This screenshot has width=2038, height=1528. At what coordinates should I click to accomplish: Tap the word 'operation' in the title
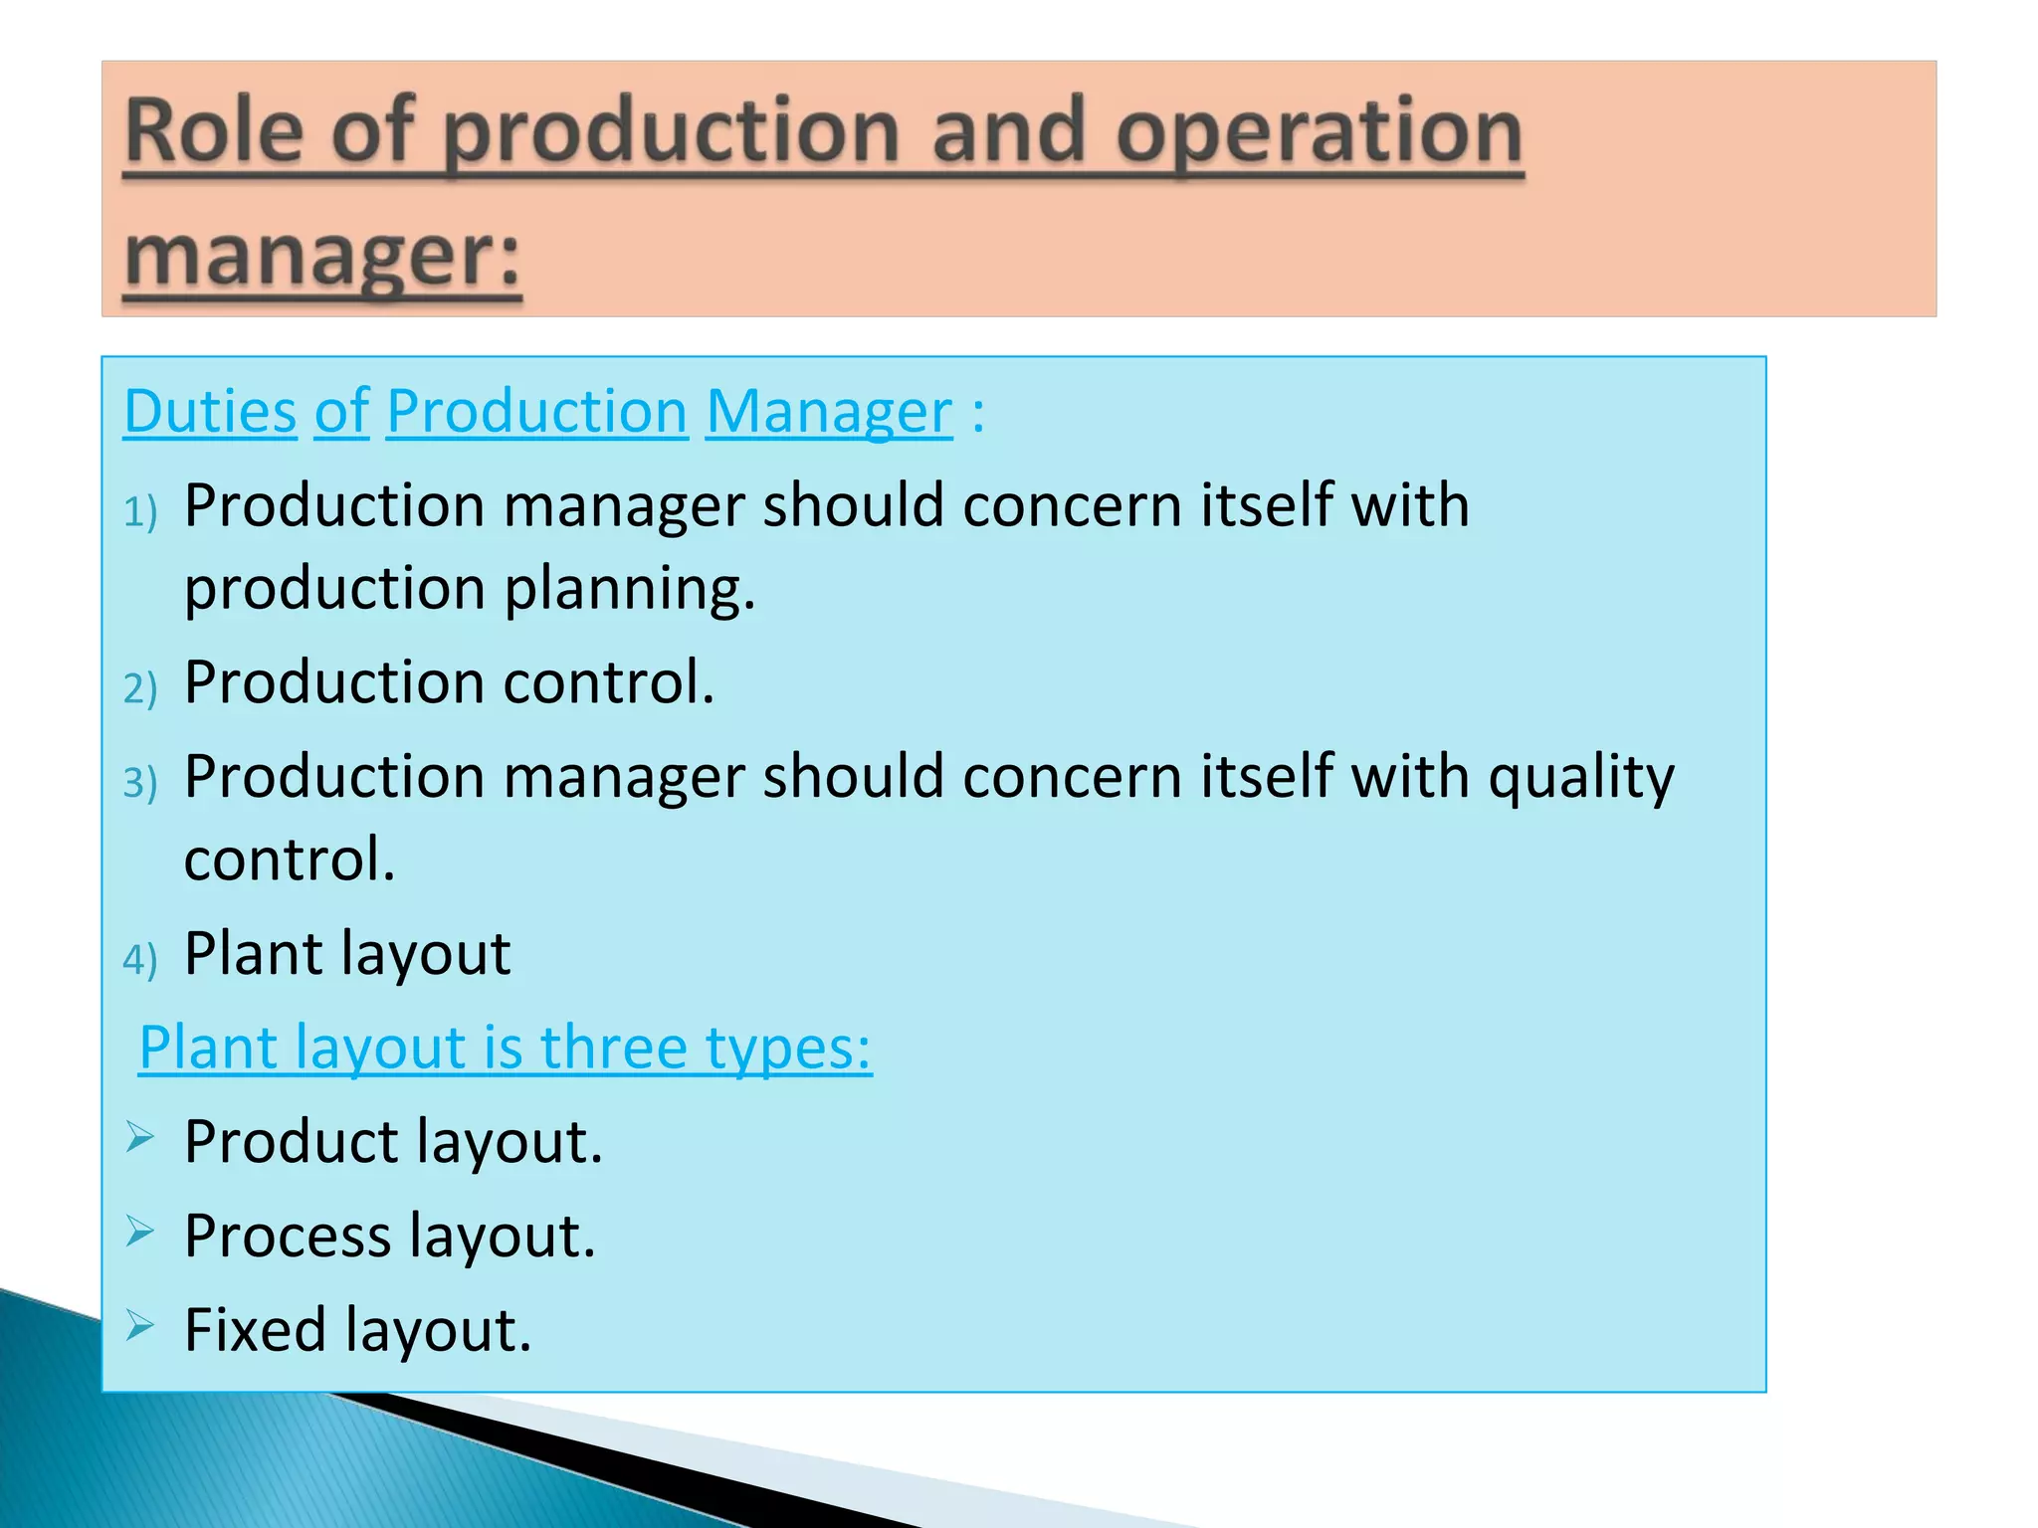1319,134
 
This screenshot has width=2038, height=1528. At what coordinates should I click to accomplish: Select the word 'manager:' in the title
322,257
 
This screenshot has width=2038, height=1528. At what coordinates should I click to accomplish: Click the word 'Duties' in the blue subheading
210,411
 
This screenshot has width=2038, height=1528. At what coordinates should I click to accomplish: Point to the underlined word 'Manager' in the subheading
829,412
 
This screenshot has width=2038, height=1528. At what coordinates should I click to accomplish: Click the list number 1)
140,511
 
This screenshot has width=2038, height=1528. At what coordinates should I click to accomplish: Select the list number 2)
140,688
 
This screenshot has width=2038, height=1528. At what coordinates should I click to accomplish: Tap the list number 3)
140,782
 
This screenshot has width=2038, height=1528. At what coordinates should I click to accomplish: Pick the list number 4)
140,959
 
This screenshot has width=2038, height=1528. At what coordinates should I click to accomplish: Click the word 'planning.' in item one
630,589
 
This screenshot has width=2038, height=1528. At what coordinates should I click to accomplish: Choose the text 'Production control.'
449,682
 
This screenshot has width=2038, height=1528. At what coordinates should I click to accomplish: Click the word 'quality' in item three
1581,778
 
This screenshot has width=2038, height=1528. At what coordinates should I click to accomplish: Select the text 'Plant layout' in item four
347,953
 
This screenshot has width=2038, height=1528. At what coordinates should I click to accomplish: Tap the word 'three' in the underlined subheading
614,1048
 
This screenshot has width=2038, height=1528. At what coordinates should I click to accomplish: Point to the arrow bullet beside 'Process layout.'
140,1232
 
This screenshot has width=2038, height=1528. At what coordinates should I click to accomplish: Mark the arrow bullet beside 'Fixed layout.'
140,1325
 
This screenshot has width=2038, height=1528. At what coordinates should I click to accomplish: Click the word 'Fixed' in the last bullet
256,1329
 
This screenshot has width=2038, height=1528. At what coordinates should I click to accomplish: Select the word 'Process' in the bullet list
288,1236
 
